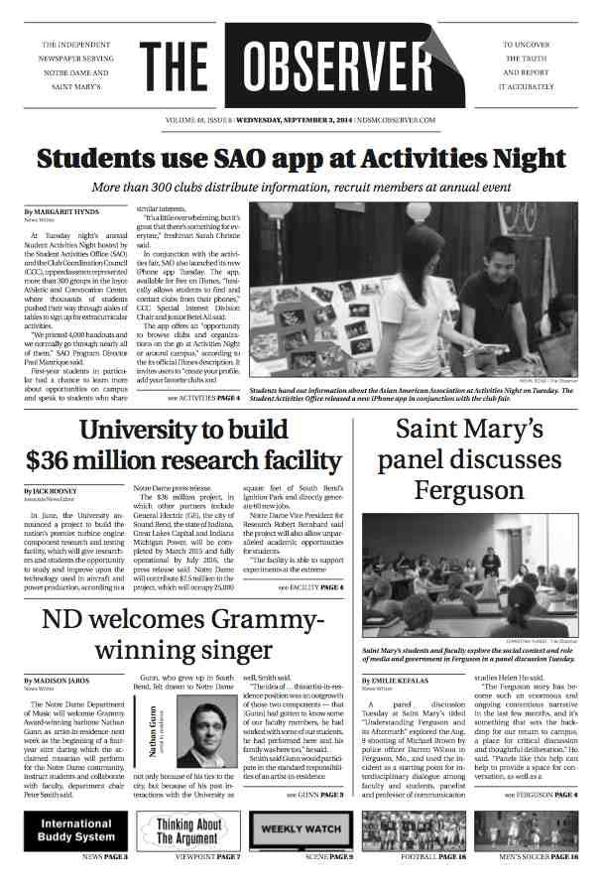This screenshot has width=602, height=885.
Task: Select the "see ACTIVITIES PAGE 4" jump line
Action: (x=203, y=398)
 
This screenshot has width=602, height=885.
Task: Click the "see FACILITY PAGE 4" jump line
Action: (x=310, y=588)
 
